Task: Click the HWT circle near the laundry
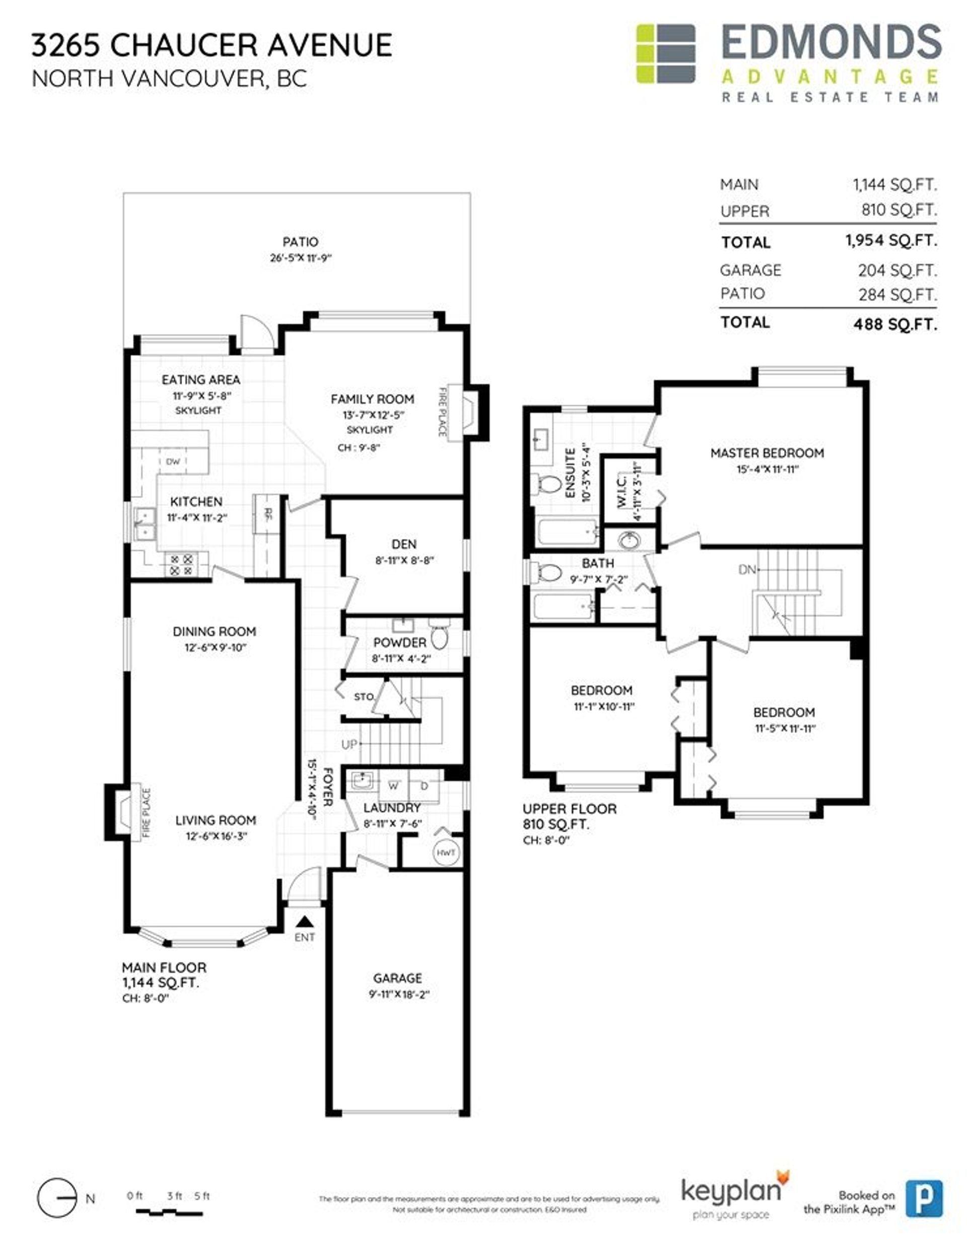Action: (446, 852)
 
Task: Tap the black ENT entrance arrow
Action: (305, 921)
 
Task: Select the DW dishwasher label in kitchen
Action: (173, 461)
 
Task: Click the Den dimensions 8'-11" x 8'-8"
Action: (404, 560)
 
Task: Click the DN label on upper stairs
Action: (747, 570)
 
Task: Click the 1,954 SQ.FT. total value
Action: (891, 240)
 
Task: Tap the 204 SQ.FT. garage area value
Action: (896, 270)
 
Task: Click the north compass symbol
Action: (57, 1198)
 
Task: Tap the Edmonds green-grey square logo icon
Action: (665, 54)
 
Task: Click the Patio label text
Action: (300, 241)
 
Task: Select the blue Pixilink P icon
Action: (924, 1198)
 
